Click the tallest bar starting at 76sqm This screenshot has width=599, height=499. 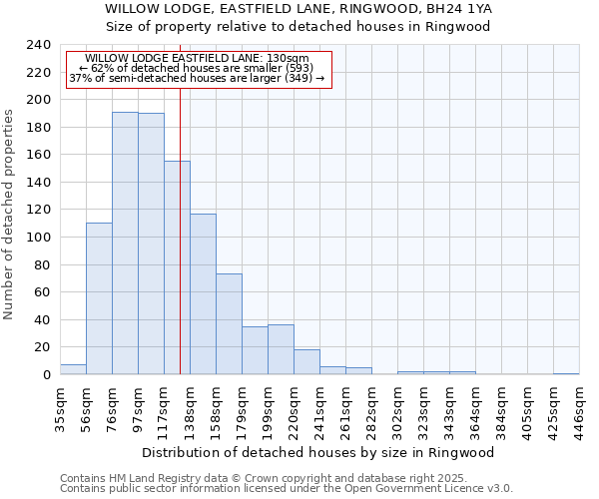[x=125, y=243]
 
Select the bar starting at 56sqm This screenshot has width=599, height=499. [x=99, y=298]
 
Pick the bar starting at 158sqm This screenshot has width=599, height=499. [x=229, y=323]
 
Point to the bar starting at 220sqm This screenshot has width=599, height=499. [x=306, y=361]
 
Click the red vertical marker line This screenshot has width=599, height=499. [x=180, y=249]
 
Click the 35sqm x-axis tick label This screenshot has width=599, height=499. [x=60, y=410]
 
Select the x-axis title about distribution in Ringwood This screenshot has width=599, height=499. [x=318, y=452]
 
